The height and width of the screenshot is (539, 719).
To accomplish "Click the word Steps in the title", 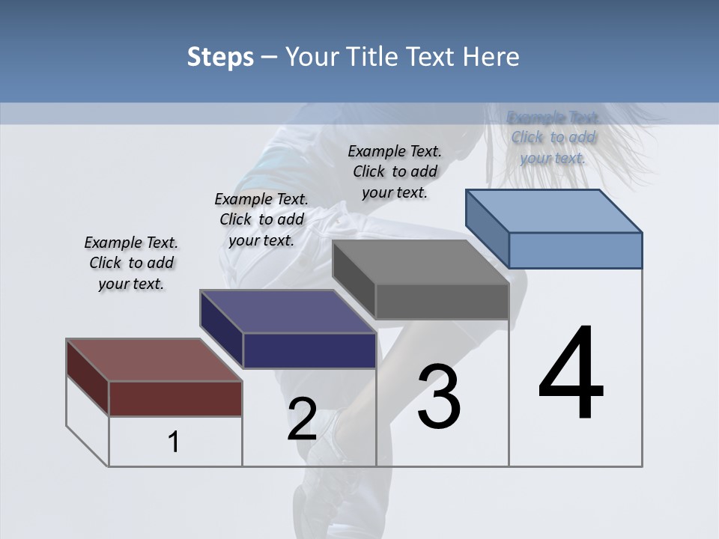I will pyautogui.click(x=220, y=57).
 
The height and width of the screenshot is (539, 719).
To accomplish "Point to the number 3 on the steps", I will pyautogui.click(x=438, y=397).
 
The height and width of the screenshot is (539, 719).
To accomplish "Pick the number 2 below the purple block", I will pyautogui.click(x=302, y=419).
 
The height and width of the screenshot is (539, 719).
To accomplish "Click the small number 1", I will pyautogui.click(x=174, y=442).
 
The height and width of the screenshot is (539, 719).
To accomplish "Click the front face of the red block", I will pyautogui.click(x=175, y=398).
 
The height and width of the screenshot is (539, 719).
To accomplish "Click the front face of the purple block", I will pyautogui.click(x=309, y=350).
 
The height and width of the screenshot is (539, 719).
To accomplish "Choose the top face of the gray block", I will pyautogui.click(x=420, y=262).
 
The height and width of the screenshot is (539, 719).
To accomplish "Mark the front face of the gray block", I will pyautogui.click(x=442, y=302).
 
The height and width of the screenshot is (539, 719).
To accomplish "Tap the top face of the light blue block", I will pyautogui.click(x=553, y=210).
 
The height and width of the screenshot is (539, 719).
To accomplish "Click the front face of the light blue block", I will pyautogui.click(x=575, y=250).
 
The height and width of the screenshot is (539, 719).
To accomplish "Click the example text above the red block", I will pyautogui.click(x=131, y=263).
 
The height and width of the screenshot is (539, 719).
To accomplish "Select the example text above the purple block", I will pyautogui.click(x=261, y=219).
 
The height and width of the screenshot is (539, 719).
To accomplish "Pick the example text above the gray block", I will pyautogui.click(x=395, y=171).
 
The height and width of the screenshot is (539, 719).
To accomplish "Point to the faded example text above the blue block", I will pyautogui.click(x=553, y=137).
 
